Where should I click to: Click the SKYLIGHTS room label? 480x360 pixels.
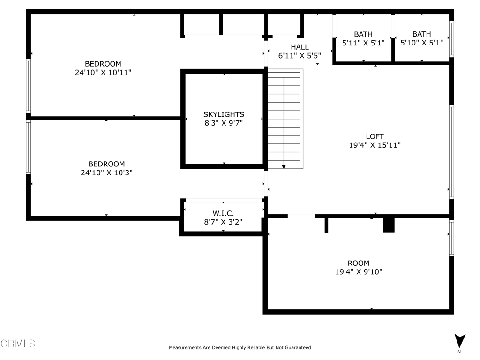coord(224,114)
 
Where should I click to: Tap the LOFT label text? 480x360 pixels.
coord(375,136)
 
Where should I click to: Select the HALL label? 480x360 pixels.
coord(300,47)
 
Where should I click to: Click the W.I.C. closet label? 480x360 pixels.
coord(223,213)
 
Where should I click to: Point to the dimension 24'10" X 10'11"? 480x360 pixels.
coord(103,73)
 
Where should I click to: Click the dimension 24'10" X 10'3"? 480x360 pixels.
coord(106,172)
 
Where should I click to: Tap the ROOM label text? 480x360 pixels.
coord(359,263)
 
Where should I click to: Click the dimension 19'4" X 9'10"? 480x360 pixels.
coord(359,272)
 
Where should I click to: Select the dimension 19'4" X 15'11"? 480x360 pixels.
coord(375,145)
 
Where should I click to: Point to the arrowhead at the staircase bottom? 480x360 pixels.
coord(284,167)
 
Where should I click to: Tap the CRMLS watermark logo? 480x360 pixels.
coord(18,344)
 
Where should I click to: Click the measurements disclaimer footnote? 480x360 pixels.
coord(240,347)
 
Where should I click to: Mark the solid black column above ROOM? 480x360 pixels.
coord(389,225)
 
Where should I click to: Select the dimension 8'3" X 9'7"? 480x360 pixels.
coord(224,123)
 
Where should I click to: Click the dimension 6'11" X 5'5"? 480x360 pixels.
coord(300,56)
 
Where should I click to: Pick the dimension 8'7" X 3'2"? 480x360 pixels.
coord(223,222)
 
